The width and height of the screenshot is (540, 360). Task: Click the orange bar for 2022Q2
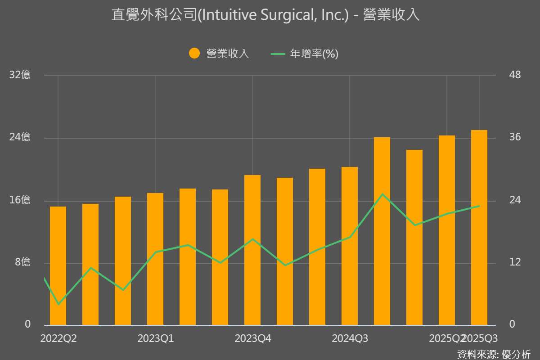(58, 265)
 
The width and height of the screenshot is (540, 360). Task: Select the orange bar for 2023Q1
(155, 259)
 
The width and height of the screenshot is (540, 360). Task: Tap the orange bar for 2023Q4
(252, 250)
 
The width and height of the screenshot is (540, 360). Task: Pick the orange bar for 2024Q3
(350, 246)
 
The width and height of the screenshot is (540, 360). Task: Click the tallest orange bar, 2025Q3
(479, 227)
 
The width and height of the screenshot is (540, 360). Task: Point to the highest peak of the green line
(382, 194)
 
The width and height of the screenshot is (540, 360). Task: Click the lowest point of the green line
(58, 305)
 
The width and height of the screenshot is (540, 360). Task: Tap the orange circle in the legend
(194, 54)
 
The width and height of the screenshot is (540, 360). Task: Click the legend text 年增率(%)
(314, 54)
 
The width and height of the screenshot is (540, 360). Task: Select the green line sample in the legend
(278, 54)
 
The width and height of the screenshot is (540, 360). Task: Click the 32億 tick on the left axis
(20, 75)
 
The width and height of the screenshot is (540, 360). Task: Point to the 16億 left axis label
(20, 200)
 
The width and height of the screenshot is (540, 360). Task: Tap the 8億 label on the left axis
(22, 262)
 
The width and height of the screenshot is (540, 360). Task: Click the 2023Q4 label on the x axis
(252, 338)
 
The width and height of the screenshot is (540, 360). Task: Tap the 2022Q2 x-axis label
(58, 338)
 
